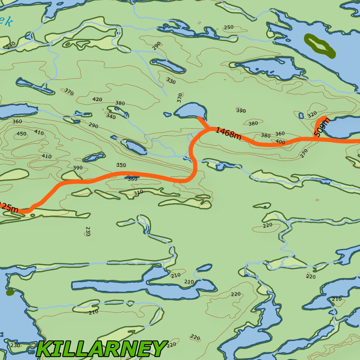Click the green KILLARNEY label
click(101, 349)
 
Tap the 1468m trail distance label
click(228, 133)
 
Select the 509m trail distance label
click(322, 127)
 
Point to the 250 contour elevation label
click(229, 27)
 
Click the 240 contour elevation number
click(11, 45)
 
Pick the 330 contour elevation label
click(171, 81)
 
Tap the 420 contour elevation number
click(97, 99)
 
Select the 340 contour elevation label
click(111, 116)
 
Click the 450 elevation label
click(21, 134)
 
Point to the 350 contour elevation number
click(121, 165)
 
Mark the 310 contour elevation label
click(138, 193)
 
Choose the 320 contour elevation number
click(312, 115)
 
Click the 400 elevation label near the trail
click(280, 142)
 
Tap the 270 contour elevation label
click(304, 153)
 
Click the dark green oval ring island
click(320, 45)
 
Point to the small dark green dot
click(10, 292)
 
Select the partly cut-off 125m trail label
click(8, 207)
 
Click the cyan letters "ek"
click(6, 22)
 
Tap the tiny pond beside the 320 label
click(301, 115)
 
